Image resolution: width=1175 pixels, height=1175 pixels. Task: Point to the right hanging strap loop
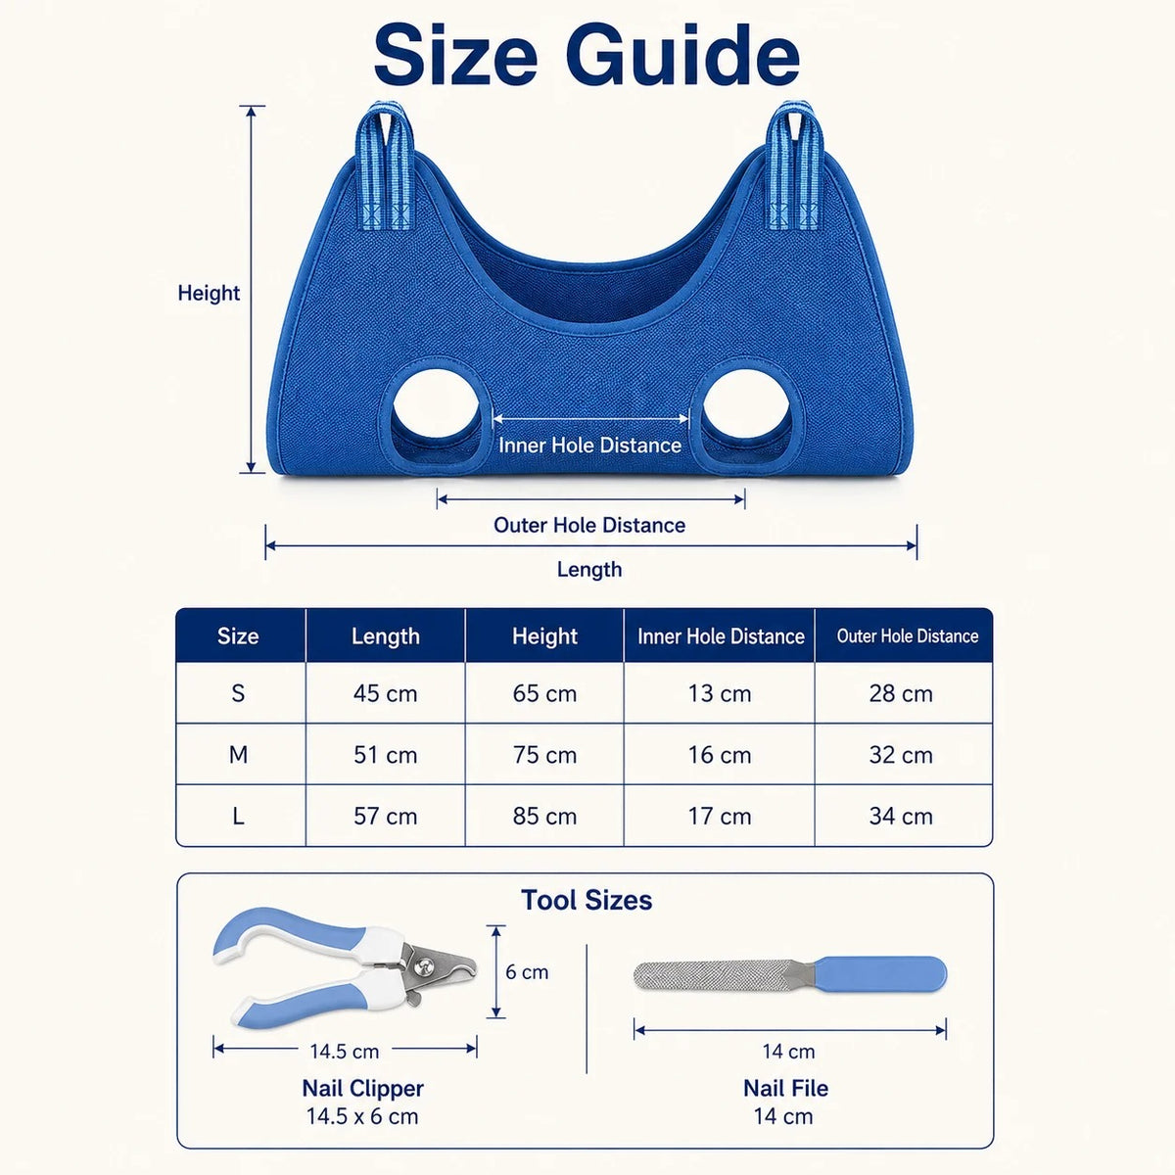793,164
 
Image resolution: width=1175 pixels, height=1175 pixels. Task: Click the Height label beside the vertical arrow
209,294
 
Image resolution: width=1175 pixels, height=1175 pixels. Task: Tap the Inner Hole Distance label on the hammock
589,446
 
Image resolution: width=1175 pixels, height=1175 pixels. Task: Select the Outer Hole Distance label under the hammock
589,525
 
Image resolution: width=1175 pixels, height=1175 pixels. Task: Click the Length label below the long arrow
589,570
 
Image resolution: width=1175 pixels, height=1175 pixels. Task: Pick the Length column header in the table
386,636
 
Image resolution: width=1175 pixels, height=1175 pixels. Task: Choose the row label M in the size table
238,755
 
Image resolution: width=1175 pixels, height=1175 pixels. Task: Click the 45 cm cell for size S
386,694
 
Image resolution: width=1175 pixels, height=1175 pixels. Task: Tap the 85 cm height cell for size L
544,817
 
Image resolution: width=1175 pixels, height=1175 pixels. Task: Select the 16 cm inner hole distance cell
720,755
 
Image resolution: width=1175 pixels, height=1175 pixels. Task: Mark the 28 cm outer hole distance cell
901,694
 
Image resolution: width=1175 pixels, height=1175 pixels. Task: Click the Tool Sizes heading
587,900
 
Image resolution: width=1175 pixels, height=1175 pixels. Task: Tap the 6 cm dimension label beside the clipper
527,972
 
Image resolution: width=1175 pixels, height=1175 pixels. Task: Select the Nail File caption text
785,1089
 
